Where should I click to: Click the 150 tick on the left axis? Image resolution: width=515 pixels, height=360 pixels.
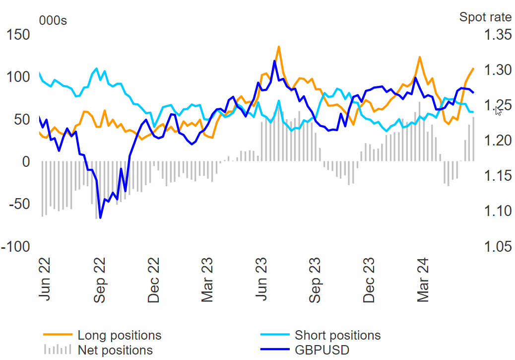click(17, 35)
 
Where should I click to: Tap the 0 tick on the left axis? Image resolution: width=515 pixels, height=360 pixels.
click(25, 162)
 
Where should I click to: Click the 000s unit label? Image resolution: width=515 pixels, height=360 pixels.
click(53, 20)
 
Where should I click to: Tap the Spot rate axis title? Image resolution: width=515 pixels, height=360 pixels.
click(485, 17)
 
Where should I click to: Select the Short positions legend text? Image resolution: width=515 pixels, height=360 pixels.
click(337, 335)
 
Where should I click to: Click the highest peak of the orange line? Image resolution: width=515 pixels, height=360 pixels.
click(279, 47)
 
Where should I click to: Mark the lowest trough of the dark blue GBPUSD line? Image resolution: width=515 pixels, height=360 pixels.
click(100, 217)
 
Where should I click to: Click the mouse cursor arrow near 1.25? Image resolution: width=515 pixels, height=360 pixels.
click(498, 110)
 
